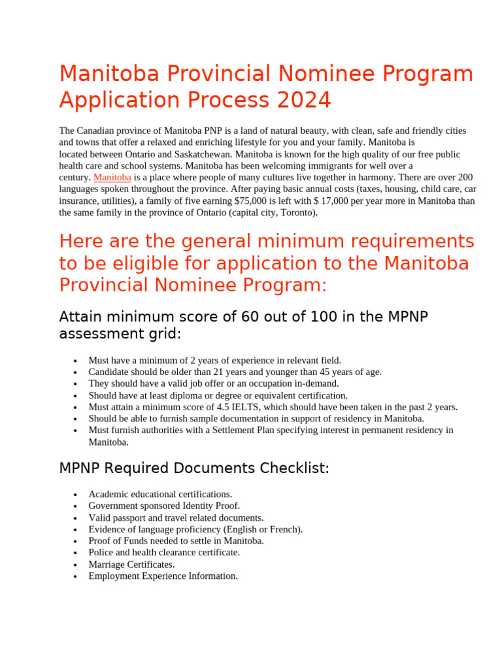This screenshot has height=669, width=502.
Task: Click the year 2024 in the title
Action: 304,101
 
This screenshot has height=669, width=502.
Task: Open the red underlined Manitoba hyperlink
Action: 112,178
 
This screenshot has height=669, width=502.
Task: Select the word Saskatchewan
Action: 203,154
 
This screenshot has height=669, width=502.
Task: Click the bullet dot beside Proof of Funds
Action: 76,542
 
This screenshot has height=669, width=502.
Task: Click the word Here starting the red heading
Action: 80,241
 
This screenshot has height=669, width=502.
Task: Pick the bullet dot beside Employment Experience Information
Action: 76,577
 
